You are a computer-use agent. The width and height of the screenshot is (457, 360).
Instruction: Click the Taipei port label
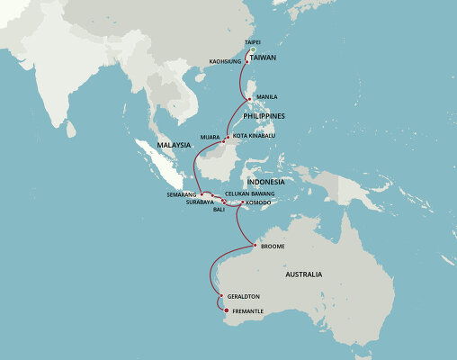pos(252,42)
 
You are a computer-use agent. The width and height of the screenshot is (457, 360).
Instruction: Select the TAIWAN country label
pos(263,56)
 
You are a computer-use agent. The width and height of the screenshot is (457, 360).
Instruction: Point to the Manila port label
pos(267,96)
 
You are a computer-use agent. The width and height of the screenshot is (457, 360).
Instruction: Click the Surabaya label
pos(201,202)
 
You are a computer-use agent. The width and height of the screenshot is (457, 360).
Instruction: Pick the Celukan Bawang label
pos(249,193)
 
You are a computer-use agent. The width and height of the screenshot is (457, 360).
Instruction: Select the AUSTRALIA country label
pos(304,274)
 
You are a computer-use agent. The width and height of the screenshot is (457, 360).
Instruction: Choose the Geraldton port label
pos(245,296)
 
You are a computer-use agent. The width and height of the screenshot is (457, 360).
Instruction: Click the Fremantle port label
pos(247,311)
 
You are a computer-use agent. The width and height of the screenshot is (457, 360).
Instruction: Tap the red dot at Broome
pos(255,246)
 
